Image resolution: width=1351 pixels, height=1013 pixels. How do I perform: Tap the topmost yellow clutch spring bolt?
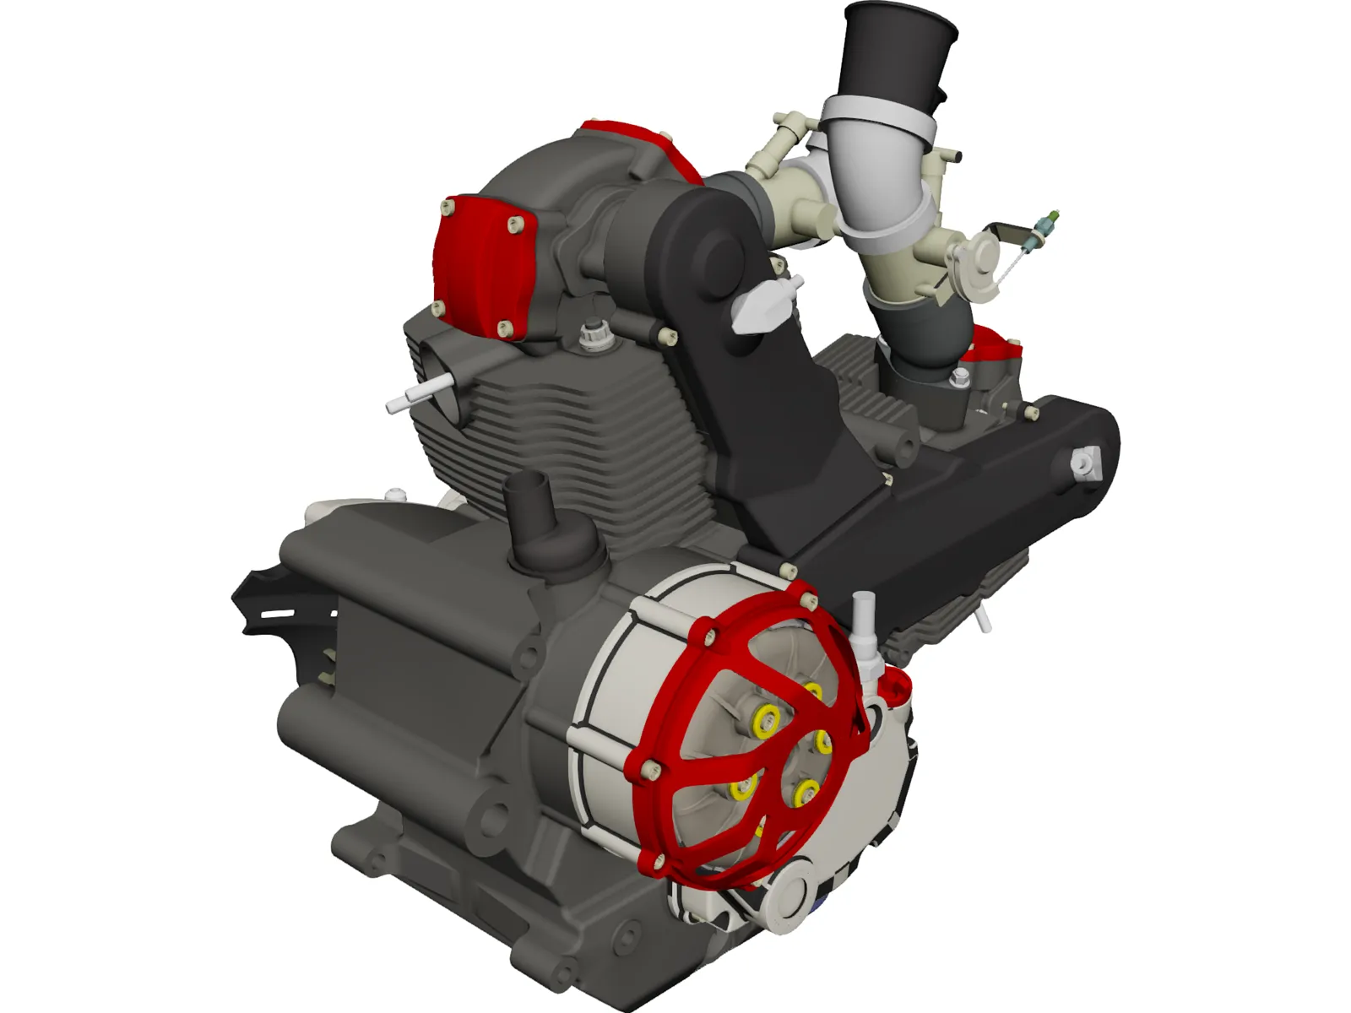click(x=812, y=692)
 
